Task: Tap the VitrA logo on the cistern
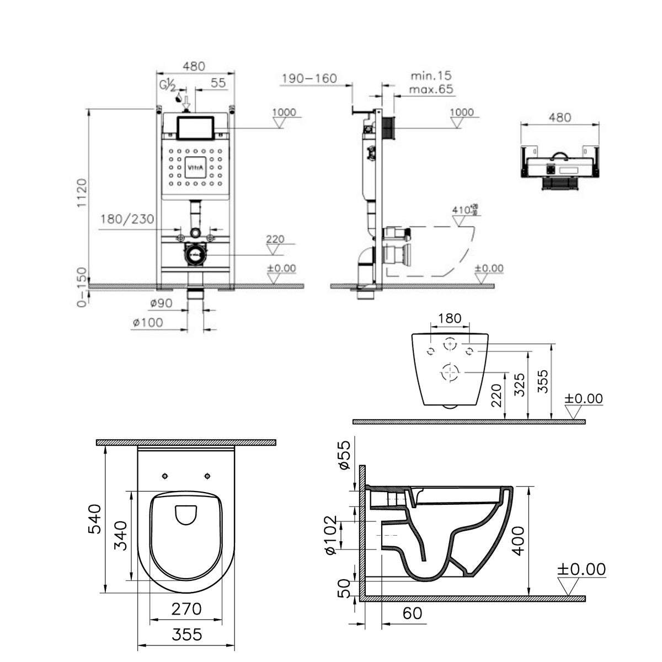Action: [x=196, y=166]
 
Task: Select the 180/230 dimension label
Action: [x=127, y=220]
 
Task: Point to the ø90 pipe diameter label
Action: [x=161, y=303]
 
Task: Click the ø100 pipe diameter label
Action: [x=147, y=322]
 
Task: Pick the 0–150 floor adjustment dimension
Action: [x=82, y=288]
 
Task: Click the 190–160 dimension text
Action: [x=308, y=78]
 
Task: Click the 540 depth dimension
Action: [x=95, y=519]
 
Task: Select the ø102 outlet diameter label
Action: [x=330, y=535]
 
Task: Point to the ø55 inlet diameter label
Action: [x=344, y=455]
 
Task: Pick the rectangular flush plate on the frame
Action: [x=195, y=128]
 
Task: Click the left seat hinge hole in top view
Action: [x=165, y=476]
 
